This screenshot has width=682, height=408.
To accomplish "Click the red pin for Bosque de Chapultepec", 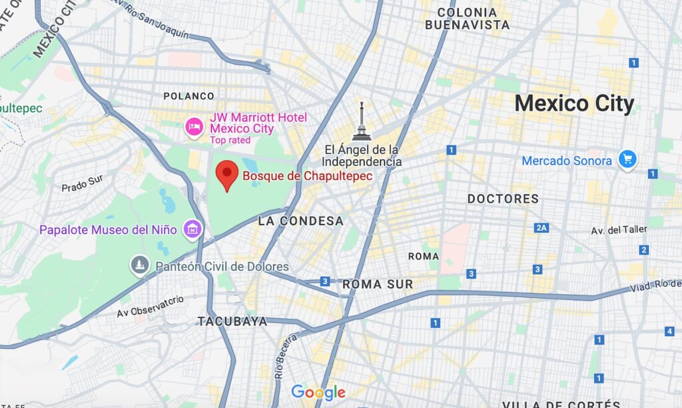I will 228,175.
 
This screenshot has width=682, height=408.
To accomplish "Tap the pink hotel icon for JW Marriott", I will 194,127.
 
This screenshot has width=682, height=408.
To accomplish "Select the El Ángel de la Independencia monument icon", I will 361,123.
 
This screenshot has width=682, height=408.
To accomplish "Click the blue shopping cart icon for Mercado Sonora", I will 627,159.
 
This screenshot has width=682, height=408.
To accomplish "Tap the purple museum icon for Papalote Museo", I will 193,230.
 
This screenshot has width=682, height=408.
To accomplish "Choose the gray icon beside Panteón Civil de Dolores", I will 139,266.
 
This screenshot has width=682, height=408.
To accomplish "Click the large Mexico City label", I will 574,104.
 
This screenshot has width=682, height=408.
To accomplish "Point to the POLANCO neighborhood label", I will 189,96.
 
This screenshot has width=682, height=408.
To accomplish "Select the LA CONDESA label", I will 300,221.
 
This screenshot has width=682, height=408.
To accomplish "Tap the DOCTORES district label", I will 503,199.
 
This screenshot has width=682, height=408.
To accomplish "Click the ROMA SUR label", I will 378,284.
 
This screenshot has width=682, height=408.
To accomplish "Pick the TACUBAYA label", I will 232,321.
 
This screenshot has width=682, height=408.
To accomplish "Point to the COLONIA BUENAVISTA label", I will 467,19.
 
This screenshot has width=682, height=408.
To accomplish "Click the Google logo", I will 318,393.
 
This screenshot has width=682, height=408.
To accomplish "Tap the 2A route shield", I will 541,228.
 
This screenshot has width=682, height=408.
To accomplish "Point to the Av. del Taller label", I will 619,229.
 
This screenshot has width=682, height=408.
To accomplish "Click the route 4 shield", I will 669,331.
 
